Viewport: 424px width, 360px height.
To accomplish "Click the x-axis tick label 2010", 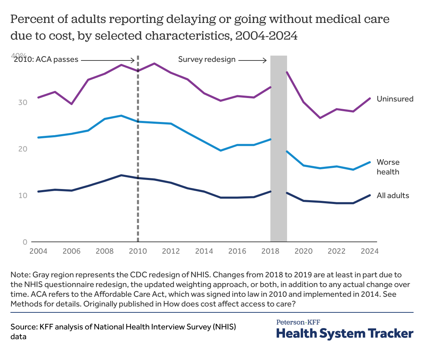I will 138,251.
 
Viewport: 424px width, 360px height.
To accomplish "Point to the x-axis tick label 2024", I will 369,251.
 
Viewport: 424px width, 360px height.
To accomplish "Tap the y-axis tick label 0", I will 25,242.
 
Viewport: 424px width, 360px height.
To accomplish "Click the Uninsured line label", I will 395,99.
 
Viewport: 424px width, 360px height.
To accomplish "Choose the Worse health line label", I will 388,167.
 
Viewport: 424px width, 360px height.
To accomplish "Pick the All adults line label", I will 393,196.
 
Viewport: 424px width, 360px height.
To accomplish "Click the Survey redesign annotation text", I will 207,59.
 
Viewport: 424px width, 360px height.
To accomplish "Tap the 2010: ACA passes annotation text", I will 46,59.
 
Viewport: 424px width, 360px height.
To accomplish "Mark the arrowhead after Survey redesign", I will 265,60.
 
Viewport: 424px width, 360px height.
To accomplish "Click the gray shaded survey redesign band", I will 279,149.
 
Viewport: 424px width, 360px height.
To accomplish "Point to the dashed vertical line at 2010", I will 138,156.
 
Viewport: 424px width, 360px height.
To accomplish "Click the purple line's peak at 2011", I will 154,64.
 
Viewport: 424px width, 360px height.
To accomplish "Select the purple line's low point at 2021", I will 320,118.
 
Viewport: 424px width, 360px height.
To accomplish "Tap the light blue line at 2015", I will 221,150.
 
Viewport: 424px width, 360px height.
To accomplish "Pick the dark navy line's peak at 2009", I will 121,175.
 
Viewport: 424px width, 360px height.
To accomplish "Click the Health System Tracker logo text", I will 345,333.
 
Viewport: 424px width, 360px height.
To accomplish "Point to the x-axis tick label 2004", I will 38,251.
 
